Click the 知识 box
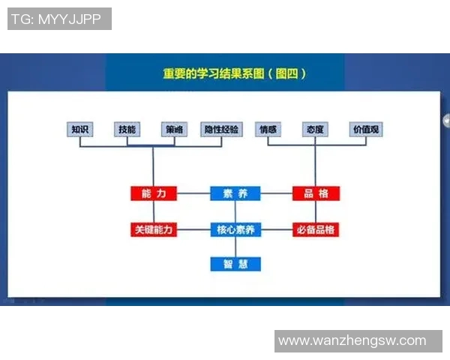[x=80, y=129]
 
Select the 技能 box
[x=127, y=129]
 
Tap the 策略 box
[x=173, y=129]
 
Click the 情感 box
[x=268, y=129]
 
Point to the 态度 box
[x=315, y=129]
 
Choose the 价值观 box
[x=366, y=129]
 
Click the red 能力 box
[x=153, y=193]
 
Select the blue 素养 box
[x=235, y=193]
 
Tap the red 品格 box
[x=316, y=193]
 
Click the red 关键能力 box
[x=153, y=229]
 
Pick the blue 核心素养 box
[x=235, y=229]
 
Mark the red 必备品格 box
[x=316, y=229]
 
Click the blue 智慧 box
[x=235, y=263]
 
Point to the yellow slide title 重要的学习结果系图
[x=235, y=74]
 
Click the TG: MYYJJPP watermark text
[x=59, y=19]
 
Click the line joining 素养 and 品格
[x=276, y=193]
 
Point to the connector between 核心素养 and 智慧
[x=235, y=247]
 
